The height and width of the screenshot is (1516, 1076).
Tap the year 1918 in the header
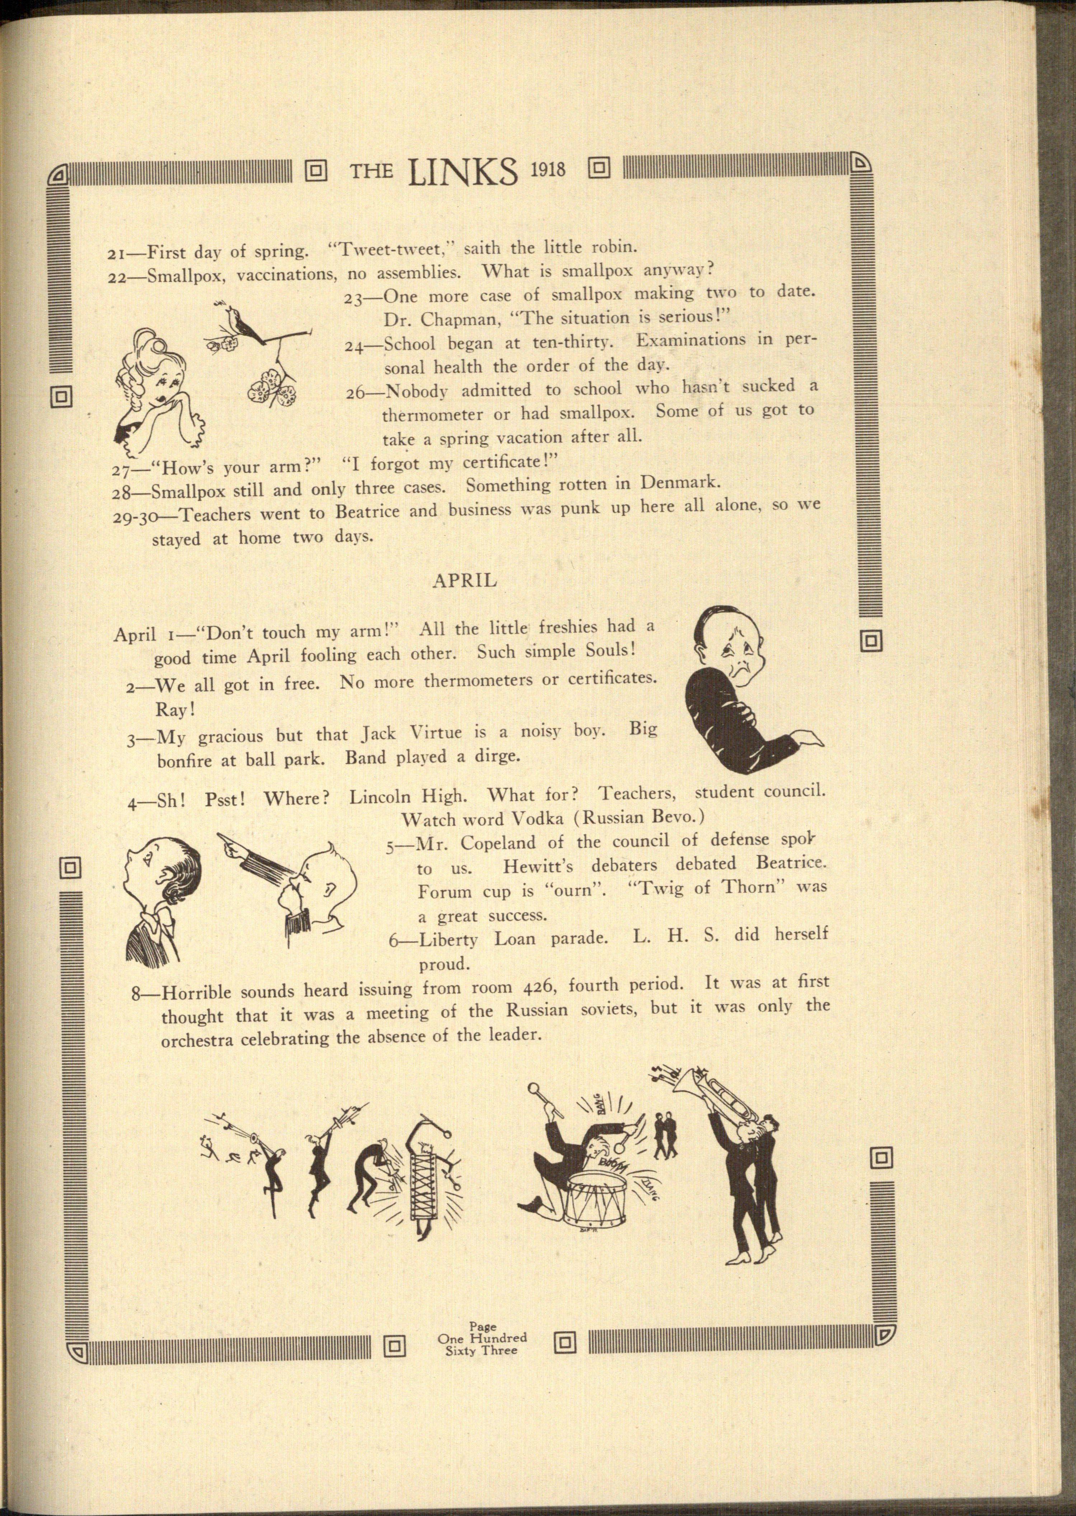tap(548, 170)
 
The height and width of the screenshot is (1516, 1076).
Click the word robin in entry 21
tap(613, 248)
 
